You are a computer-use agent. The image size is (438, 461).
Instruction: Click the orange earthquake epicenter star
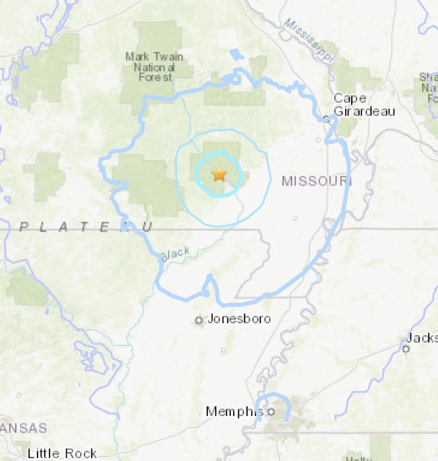[x=219, y=173]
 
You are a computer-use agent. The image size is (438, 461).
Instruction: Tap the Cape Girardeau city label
[x=364, y=105]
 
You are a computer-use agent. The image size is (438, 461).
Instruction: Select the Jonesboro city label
[x=239, y=319]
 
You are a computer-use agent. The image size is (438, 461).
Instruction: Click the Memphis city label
[x=235, y=411]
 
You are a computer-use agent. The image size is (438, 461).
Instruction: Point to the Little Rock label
[x=62, y=453]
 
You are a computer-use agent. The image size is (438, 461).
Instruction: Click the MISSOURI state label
[x=317, y=181]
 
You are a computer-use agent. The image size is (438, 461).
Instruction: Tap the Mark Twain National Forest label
[x=155, y=67]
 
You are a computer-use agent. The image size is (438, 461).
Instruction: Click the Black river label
[x=175, y=254]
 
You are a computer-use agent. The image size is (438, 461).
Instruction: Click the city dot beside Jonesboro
[x=199, y=320]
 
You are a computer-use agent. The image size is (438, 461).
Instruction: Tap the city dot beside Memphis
[x=271, y=411]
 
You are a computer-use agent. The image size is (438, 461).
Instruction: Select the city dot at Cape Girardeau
[x=327, y=119]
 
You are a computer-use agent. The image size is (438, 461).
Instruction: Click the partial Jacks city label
[x=422, y=338]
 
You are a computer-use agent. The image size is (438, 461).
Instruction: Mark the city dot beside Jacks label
[x=406, y=349]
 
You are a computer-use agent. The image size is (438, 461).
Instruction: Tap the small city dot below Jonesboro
[x=223, y=351]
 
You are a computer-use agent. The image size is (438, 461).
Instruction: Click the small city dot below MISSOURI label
[x=295, y=219]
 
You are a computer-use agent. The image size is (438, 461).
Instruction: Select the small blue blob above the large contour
[x=236, y=55]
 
